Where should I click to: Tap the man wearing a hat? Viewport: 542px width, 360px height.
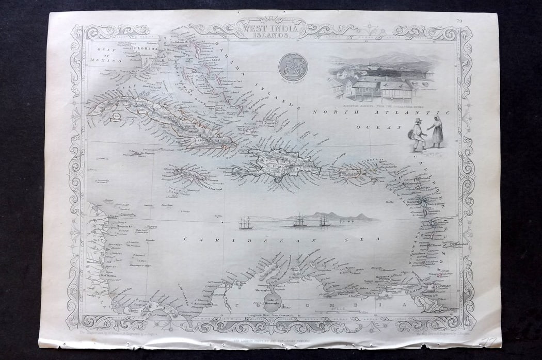click(418, 134)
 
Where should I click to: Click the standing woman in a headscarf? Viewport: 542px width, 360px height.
click(437, 132)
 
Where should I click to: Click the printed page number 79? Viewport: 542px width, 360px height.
click(459, 21)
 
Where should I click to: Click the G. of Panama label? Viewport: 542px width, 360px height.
click(161, 311)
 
